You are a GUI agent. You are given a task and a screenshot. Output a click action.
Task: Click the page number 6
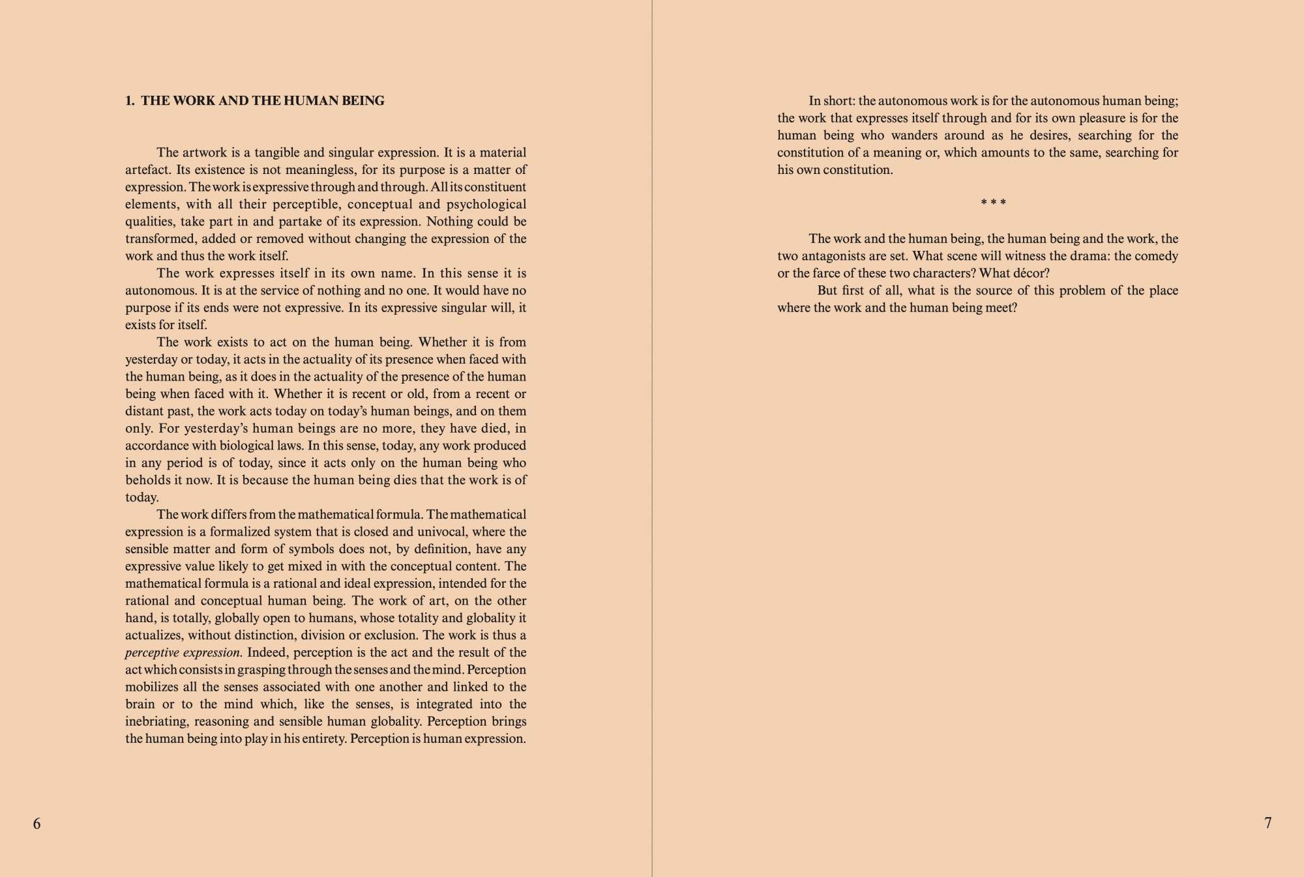point(37,824)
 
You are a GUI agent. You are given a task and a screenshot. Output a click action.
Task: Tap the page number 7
point(1267,823)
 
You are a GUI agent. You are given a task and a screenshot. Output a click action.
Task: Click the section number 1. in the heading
point(130,100)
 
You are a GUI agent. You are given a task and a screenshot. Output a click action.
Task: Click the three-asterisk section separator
point(993,203)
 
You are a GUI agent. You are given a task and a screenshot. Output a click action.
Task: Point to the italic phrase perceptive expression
point(183,652)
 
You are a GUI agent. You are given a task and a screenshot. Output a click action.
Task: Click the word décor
point(1030,273)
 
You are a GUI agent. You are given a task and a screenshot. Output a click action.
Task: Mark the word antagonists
point(827,256)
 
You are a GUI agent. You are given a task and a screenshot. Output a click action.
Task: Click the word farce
point(829,273)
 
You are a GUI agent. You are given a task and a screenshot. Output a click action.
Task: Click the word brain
point(140,704)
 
